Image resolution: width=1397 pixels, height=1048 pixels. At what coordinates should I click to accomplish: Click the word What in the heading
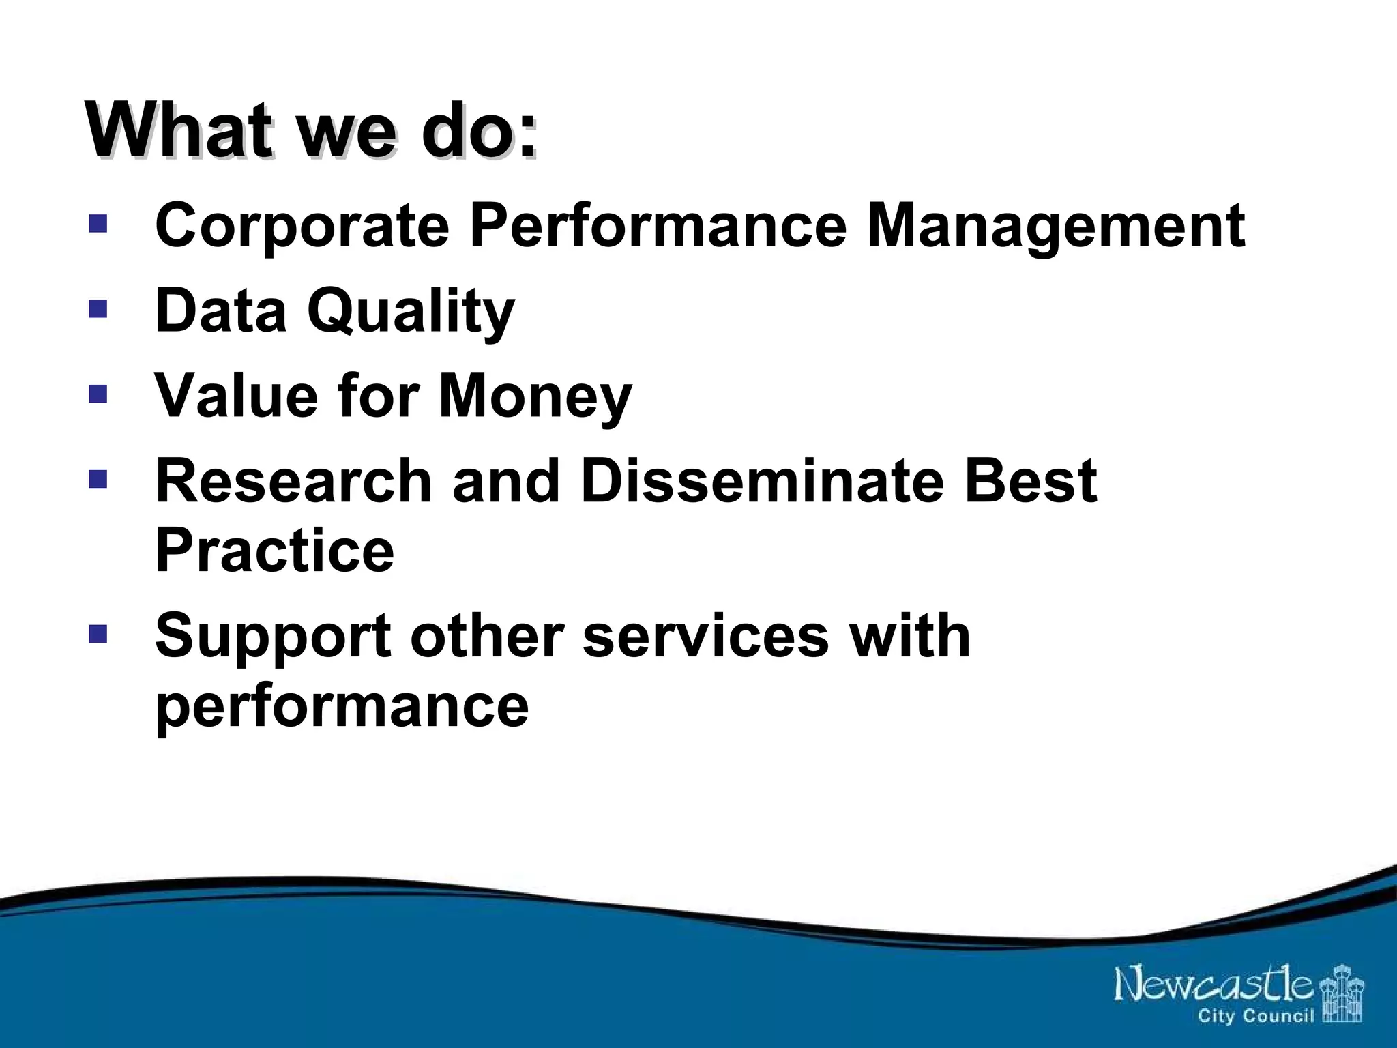(180, 130)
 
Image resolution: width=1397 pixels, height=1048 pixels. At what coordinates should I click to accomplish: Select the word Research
(294, 481)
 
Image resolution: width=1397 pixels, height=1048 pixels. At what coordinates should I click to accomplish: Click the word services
(705, 636)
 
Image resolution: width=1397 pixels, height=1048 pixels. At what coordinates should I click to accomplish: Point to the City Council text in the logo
(1255, 1017)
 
